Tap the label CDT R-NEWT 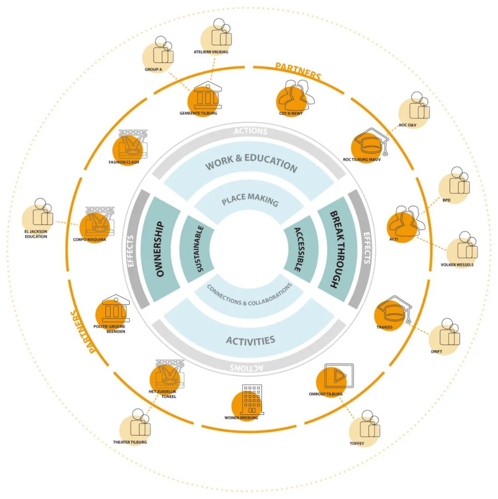[291, 113]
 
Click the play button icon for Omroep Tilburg [338, 376]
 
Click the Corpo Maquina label [89, 239]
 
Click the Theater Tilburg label [130, 442]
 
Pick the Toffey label [357, 444]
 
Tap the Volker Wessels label [457, 265]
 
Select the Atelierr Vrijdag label [211, 52]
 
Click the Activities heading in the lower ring [250, 340]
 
